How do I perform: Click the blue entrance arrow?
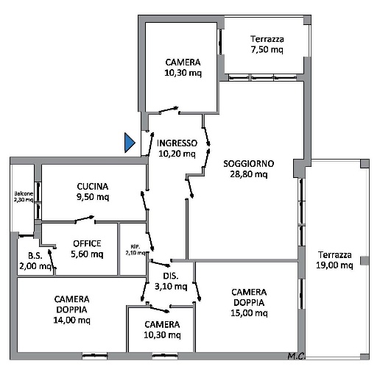point(130,143)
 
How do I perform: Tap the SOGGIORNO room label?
point(248,164)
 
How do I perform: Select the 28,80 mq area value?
point(248,174)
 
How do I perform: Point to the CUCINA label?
point(93,187)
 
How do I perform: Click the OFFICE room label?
point(87,243)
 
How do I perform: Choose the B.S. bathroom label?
point(35,256)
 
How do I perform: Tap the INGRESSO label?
point(177,143)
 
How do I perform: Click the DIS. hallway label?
point(171,276)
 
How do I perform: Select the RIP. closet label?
point(136,246)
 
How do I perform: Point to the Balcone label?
point(24,193)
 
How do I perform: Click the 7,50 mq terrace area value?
point(267,49)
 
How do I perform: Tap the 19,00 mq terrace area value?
point(334,265)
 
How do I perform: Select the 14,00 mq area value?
point(71,320)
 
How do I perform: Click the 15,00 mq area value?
point(249,313)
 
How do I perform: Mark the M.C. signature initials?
point(296,356)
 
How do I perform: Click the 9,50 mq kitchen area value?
point(93,197)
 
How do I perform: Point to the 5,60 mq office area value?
point(87,254)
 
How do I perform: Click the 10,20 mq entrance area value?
point(177,154)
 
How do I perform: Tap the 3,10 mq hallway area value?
point(171,286)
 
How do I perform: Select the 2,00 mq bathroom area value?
point(35,266)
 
